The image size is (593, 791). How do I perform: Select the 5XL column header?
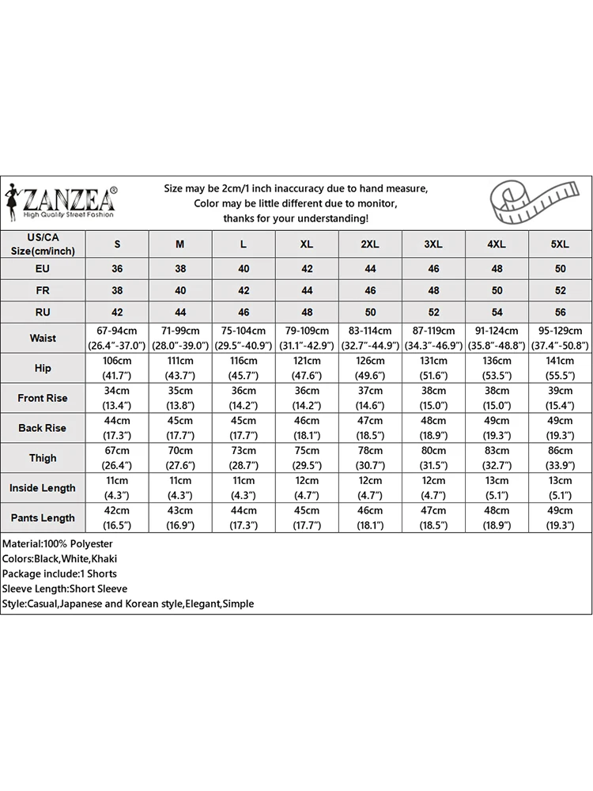pyautogui.click(x=560, y=244)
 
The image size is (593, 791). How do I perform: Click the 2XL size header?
pyautogui.click(x=370, y=244)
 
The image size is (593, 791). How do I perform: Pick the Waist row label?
pyautogui.click(x=43, y=338)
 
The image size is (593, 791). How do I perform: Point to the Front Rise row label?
pyautogui.click(x=43, y=398)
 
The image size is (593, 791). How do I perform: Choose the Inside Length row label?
pyautogui.click(x=43, y=488)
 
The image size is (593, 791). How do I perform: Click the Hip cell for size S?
pyautogui.click(x=117, y=368)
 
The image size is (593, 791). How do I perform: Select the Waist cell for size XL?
pyautogui.click(x=307, y=338)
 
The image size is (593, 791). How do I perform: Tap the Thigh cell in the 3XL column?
pyautogui.click(x=433, y=458)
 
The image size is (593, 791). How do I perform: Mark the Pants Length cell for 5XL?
pyautogui.click(x=560, y=518)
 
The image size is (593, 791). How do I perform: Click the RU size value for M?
pyautogui.click(x=180, y=312)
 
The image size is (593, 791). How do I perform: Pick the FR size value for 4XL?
pyautogui.click(x=497, y=290)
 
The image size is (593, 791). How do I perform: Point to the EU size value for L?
pyautogui.click(x=244, y=269)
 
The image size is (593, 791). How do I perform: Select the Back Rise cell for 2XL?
pyautogui.click(x=370, y=428)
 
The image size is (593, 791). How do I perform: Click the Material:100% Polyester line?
pyautogui.click(x=58, y=544)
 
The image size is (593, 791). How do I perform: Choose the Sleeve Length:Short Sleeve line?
pyautogui.click(x=64, y=589)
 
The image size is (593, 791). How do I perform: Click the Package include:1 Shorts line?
pyautogui.click(x=59, y=573)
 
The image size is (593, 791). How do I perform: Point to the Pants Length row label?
pyautogui.click(x=43, y=518)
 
